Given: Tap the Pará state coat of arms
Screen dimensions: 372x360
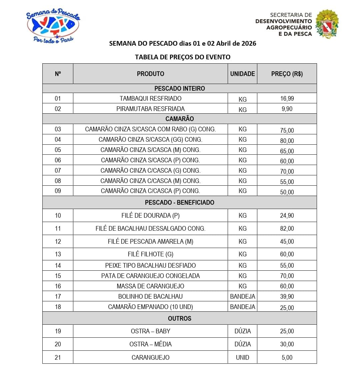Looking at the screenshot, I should tap(327, 24).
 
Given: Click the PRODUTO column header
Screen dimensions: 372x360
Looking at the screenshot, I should tap(150, 74).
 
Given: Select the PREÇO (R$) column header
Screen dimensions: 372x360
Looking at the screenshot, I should tap(287, 74).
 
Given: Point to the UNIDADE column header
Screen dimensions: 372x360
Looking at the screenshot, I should tap(242, 74).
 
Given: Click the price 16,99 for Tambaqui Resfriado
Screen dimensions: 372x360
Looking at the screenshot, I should tap(287, 99).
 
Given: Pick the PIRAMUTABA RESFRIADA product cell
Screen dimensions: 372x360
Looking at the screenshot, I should tap(150, 109).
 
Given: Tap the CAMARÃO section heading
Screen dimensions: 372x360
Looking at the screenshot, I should tap(179, 119).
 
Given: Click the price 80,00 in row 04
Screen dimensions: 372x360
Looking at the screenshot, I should tap(287, 141).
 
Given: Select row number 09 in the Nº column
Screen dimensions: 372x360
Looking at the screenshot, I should tap(58, 191).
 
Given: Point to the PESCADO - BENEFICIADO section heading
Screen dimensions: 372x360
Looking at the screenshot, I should tap(179, 202).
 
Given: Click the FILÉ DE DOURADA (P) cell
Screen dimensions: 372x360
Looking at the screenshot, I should tap(150, 215).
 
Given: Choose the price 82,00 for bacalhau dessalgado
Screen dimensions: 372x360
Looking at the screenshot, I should tap(287, 228).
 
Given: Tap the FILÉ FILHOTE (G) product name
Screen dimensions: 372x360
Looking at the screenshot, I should tap(150, 254).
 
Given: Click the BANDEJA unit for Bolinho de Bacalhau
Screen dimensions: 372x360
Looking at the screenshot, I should tap(242, 296).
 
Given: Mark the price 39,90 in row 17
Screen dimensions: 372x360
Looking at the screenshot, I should tap(287, 296).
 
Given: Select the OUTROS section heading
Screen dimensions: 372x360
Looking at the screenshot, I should tap(179, 318).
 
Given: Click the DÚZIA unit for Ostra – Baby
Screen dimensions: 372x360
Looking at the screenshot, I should tap(242, 331).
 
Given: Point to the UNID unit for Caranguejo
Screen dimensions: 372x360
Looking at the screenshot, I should tap(242, 357).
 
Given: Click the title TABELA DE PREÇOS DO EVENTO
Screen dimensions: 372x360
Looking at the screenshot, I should tap(182, 57).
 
